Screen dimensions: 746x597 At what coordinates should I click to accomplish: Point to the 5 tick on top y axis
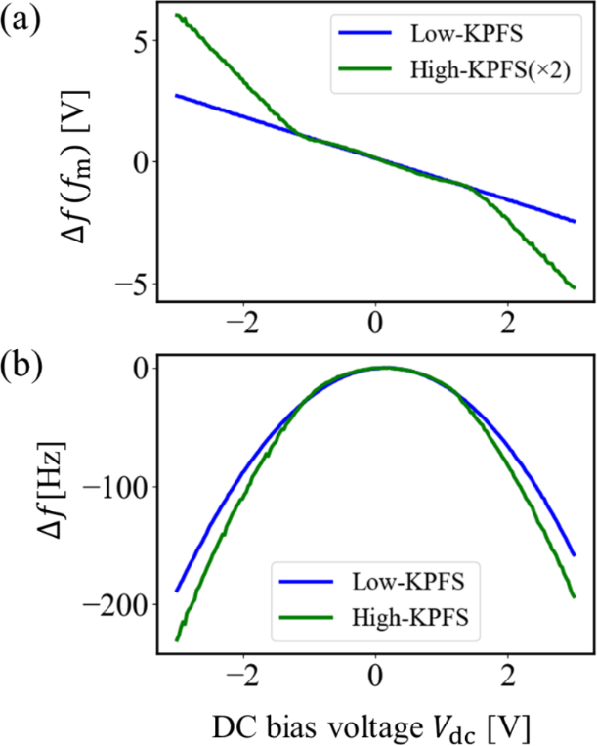[137, 43]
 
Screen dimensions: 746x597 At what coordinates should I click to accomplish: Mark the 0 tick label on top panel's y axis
[137, 162]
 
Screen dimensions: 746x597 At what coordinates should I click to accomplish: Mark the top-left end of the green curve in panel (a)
[176, 14]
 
